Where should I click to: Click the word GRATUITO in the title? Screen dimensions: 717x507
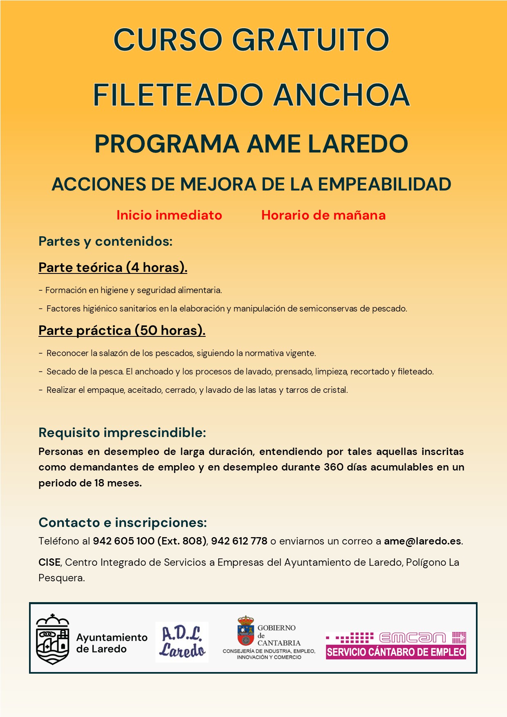point(310,40)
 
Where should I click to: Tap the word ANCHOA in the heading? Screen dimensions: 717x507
point(341,95)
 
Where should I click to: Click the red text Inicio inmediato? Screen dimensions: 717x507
point(169,215)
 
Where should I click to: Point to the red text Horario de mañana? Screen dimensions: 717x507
point(323,215)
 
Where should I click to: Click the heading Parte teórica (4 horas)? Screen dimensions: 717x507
point(113,267)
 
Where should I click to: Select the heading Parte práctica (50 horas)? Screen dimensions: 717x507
point(122,330)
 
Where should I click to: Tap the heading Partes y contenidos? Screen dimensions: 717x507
point(105,241)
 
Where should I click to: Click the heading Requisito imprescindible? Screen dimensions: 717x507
point(122,432)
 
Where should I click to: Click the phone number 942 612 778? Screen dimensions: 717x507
point(239,541)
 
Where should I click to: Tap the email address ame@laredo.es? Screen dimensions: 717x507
point(422,541)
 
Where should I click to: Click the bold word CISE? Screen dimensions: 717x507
point(49,562)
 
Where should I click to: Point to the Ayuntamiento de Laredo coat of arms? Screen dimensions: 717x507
point(52,639)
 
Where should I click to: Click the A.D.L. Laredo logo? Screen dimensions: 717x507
point(182,642)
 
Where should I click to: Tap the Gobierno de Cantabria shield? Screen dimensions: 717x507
point(245,631)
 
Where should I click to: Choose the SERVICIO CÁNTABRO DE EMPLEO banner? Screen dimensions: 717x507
point(396,652)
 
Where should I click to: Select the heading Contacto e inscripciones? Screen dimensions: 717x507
point(123,522)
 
